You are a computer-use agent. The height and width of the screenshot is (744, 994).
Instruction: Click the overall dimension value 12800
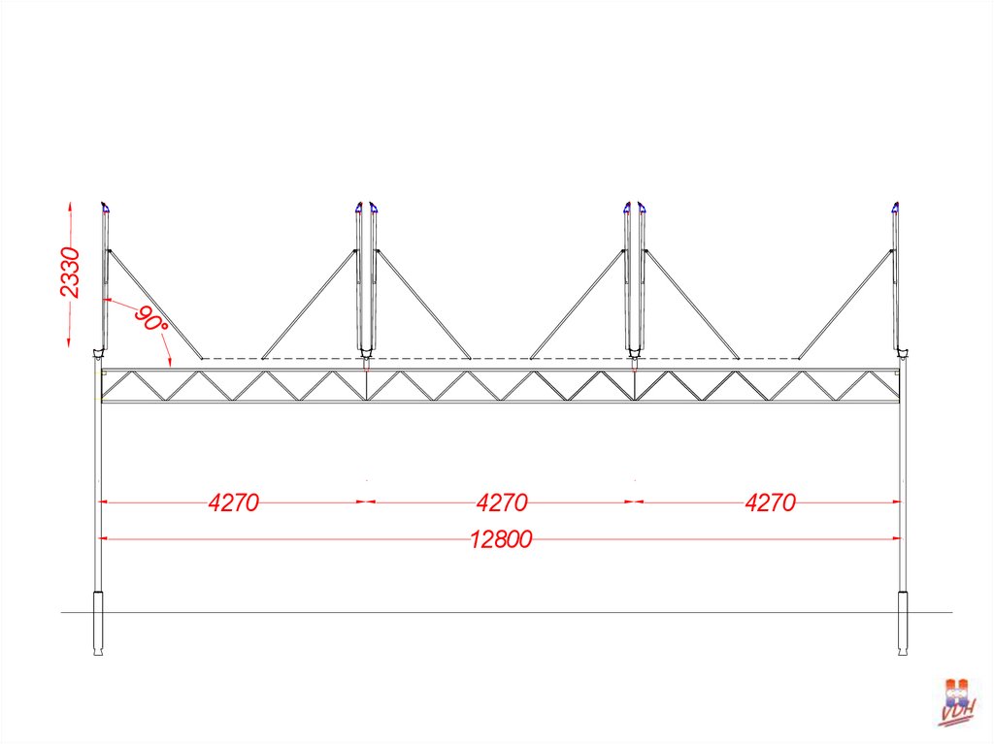click(x=501, y=539)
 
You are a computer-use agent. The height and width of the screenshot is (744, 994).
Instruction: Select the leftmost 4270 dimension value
click(x=234, y=502)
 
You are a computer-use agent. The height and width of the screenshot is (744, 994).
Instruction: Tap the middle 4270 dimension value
click(x=502, y=502)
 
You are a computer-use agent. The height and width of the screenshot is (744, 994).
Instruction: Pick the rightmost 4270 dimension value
click(x=770, y=502)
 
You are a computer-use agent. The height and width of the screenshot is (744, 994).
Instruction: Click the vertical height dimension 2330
click(x=69, y=274)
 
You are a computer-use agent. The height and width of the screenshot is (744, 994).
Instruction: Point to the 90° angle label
click(x=150, y=319)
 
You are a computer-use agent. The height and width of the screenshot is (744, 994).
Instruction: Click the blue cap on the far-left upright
click(x=105, y=207)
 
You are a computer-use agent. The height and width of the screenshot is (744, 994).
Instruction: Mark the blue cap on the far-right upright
click(x=895, y=207)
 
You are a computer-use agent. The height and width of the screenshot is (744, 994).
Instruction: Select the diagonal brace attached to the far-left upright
click(x=153, y=304)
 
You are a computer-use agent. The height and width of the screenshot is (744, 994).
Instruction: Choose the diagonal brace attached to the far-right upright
click(x=845, y=304)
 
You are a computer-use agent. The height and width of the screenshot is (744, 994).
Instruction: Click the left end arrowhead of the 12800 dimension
click(x=103, y=538)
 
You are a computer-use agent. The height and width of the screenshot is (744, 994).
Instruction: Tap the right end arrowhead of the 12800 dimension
click(x=898, y=538)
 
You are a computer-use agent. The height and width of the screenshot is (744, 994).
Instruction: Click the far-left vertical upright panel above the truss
click(x=104, y=281)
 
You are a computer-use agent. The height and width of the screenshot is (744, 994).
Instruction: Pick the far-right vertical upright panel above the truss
click(x=896, y=281)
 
